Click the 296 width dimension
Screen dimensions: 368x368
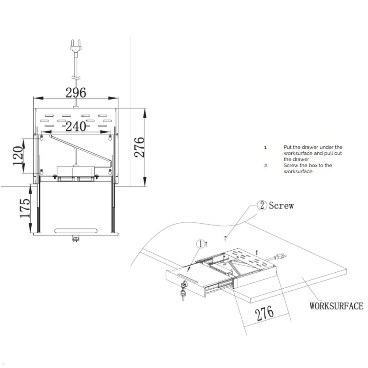(76, 92)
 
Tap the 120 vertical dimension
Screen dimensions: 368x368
(18, 155)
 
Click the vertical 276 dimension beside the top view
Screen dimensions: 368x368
(140, 147)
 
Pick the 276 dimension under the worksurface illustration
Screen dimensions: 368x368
(264, 313)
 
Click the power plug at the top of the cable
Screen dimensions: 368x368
(75, 46)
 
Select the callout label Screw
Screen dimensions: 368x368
(281, 205)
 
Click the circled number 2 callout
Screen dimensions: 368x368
(262, 205)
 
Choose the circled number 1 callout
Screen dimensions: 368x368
(201, 244)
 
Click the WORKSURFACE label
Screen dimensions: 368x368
(336, 306)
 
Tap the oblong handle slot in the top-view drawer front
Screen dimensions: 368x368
(75, 231)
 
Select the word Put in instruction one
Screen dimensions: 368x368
(287, 147)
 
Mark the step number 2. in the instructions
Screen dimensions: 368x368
(266, 166)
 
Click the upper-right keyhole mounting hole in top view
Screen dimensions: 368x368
(110, 138)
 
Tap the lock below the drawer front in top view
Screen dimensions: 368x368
(75, 238)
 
